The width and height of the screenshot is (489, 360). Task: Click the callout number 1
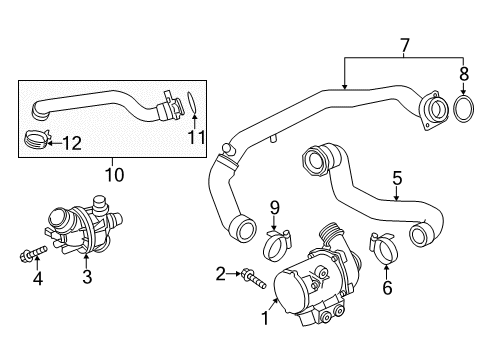point(265,318)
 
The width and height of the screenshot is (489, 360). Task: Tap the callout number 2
point(220,274)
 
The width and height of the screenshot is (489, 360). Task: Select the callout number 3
point(87,277)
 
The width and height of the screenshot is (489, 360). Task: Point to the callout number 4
point(38,278)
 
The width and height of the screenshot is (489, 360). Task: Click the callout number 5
point(397,178)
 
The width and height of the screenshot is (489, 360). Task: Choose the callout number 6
point(387,288)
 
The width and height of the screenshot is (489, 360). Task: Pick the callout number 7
point(404,46)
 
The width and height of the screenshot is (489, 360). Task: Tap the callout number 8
point(464,74)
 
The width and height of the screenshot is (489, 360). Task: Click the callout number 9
point(274,208)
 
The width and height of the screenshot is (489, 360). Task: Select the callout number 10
point(114,175)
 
